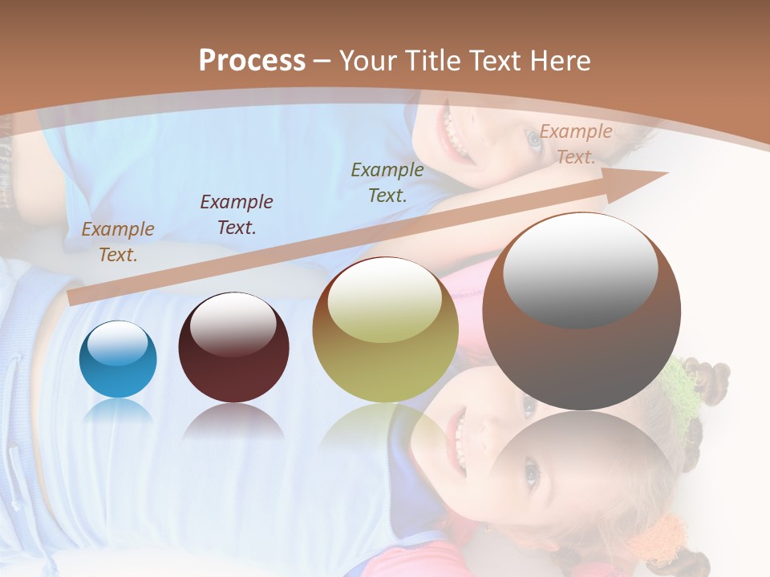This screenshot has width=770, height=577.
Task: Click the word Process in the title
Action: click(252, 61)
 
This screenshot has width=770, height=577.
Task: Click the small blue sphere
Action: click(118, 359)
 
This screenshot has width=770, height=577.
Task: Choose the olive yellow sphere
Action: click(385, 345)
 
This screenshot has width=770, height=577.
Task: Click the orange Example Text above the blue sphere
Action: click(118, 241)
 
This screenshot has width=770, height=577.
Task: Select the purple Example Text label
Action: click(237, 214)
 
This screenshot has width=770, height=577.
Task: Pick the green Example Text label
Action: click(387, 182)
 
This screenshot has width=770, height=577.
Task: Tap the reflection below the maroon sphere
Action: click(233, 422)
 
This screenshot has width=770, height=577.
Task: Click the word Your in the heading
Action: click(368, 61)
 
